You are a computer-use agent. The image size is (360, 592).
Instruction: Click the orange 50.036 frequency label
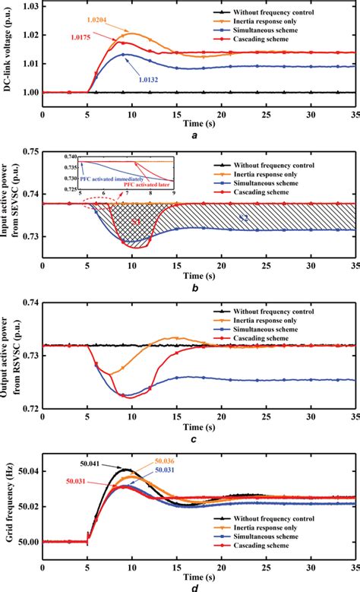pos(167,461)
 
